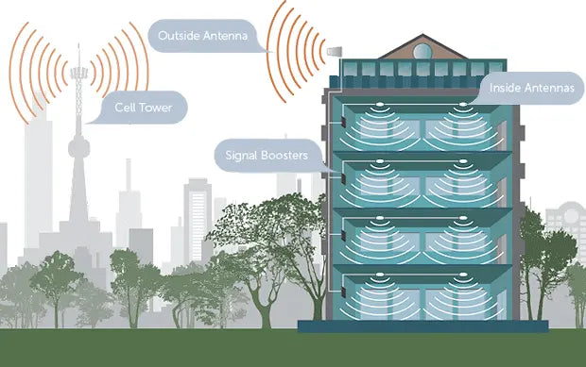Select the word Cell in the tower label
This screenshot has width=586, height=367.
[x=125, y=107]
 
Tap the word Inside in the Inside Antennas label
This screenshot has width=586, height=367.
[x=506, y=88]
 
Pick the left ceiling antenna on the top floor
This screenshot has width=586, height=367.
[x=380, y=105]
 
